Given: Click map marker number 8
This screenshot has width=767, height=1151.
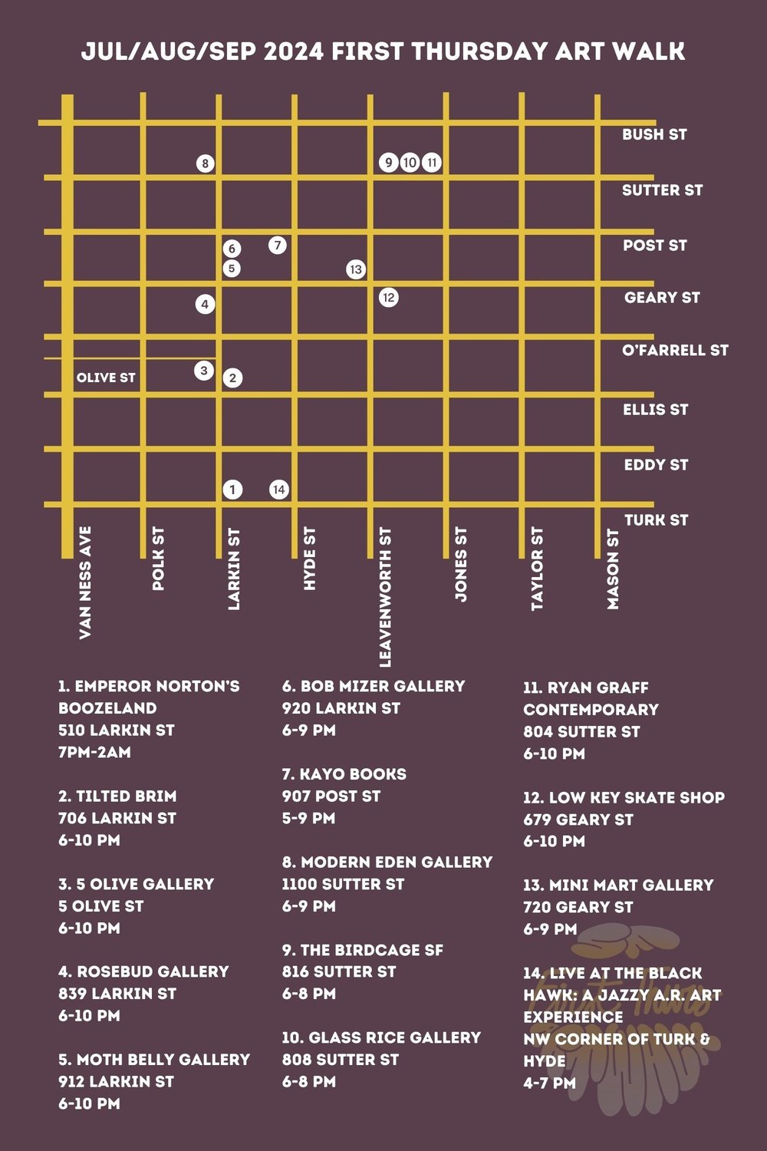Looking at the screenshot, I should pyautogui.click(x=205, y=163).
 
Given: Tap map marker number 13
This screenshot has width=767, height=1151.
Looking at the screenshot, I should pyautogui.click(x=355, y=269).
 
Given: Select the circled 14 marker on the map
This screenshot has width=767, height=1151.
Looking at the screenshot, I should pyautogui.click(x=279, y=490).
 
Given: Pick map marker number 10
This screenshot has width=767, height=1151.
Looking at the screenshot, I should pyautogui.click(x=410, y=163).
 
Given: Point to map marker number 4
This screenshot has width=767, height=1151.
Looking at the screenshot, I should pyautogui.click(x=205, y=304).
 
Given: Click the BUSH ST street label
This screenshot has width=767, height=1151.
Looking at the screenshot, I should pyautogui.click(x=654, y=134).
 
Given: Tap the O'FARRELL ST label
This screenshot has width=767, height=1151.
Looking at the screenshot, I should pyautogui.click(x=675, y=350).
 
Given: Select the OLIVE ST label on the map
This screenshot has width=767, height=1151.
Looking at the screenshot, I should pyautogui.click(x=106, y=378).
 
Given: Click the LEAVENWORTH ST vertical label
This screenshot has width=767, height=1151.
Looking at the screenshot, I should pyautogui.click(x=385, y=596).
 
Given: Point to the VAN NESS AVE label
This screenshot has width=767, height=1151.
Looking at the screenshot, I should pyautogui.click(x=85, y=582).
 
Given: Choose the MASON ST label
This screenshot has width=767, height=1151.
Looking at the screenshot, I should pyautogui.click(x=613, y=569).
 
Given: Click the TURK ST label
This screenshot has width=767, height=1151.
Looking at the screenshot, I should pyautogui.click(x=656, y=519).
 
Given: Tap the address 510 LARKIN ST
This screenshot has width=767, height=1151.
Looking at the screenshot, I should pyautogui.click(x=117, y=730).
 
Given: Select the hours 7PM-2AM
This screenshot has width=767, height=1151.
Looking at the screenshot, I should pyautogui.click(x=94, y=752).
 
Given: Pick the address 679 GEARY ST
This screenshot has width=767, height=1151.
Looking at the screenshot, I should pyautogui.click(x=578, y=820).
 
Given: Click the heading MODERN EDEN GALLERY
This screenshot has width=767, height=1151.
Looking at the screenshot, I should pyautogui.click(x=396, y=862).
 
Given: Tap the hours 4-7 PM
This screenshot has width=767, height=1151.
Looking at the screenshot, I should pyautogui.click(x=549, y=1083).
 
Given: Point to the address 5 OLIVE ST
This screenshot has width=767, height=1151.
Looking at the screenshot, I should pyautogui.click(x=100, y=905).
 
